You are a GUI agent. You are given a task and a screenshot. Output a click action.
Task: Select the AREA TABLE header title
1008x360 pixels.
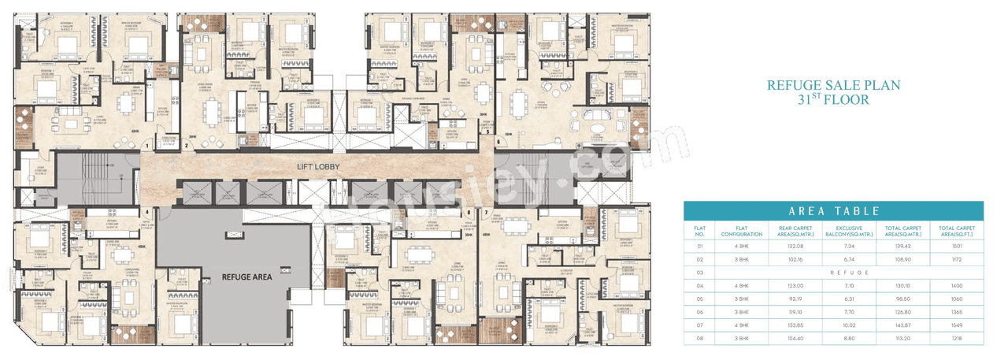tap(833, 211)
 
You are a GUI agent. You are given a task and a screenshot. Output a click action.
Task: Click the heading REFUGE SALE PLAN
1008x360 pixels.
tap(834, 85)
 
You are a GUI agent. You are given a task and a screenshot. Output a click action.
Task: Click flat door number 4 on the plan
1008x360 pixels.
tap(147, 211)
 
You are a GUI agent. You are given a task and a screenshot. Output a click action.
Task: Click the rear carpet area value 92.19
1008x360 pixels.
tap(780, 299)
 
